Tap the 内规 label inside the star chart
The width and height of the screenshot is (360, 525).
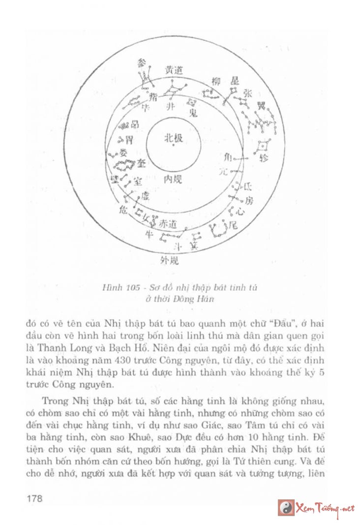pyautogui.click(x=173, y=180)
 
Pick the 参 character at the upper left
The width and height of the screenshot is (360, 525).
pyautogui.click(x=142, y=63)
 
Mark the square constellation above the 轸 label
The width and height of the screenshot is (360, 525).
pyautogui.click(x=263, y=146)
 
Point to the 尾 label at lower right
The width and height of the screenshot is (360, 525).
pyautogui.click(x=234, y=226)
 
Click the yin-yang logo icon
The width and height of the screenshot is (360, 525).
pyautogui.click(x=285, y=507)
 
